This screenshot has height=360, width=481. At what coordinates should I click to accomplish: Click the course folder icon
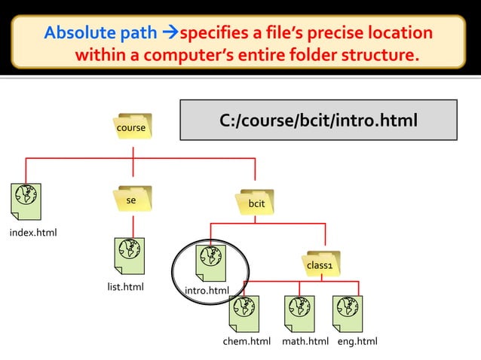(132, 127)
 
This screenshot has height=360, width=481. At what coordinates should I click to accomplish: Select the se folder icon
(132, 200)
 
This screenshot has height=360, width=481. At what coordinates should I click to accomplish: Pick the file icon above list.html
(130, 256)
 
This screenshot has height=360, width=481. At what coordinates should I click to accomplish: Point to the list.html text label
(126, 287)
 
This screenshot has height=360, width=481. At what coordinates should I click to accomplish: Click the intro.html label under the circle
(207, 291)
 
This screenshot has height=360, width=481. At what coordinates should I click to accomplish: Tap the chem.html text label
(247, 343)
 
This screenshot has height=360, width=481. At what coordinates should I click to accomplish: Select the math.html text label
(305, 343)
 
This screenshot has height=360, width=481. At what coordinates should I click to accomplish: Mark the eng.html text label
(357, 343)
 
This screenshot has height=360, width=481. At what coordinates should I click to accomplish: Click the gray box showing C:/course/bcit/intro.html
(318, 121)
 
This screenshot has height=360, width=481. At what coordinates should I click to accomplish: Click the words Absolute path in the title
(101, 33)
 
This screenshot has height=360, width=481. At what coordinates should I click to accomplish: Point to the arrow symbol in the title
(171, 33)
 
